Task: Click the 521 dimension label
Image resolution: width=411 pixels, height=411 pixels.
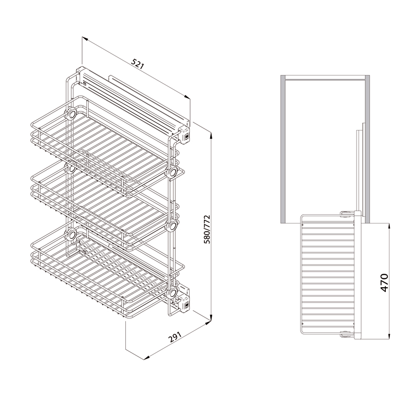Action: [138, 64]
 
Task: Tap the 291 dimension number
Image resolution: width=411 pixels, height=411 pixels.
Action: [175, 338]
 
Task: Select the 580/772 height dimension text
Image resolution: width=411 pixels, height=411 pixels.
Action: [208, 229]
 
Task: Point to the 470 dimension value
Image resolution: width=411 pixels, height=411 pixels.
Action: [384, 283]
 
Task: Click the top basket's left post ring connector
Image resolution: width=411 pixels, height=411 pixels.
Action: [71, 114]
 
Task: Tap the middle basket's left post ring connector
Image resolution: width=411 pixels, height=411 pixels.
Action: [71, 169]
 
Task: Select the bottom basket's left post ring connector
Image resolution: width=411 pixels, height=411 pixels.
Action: [71, 234]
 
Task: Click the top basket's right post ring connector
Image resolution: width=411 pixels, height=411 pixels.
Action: [172, 173]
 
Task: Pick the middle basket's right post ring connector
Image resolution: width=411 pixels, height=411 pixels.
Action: [172, 226]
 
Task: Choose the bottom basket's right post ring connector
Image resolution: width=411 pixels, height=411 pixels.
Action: [172, 292]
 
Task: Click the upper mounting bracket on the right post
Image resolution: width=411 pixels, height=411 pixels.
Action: [184, 135]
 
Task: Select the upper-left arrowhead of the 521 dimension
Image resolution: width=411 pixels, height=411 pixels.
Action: [84, 39]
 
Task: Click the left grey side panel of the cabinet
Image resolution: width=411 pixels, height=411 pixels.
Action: [283, 149]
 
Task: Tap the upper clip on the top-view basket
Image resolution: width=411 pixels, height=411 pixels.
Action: [346, 214]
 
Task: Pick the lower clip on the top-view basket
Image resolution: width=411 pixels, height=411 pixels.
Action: [346, 334]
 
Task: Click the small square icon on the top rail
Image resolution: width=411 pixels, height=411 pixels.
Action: [85, 84]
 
